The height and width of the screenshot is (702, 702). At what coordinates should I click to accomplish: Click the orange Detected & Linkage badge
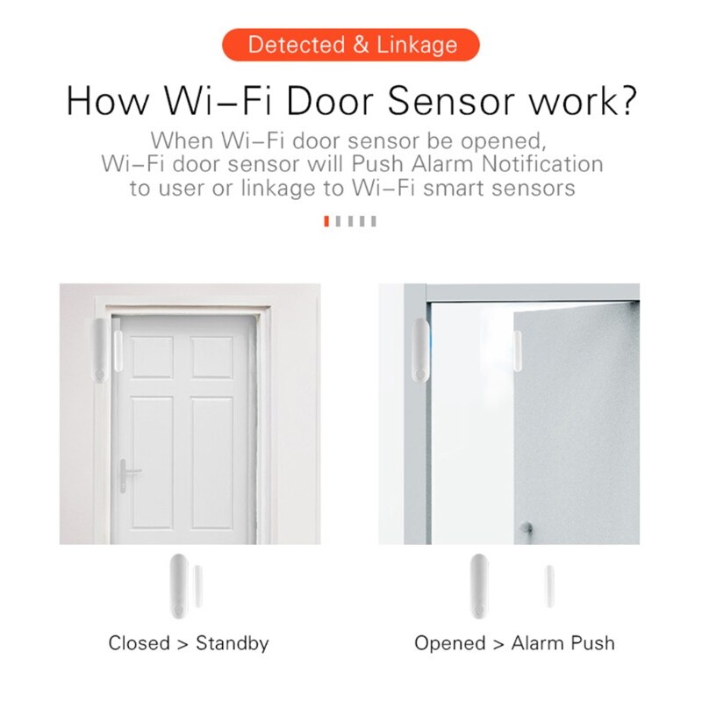click(x=351, y=45)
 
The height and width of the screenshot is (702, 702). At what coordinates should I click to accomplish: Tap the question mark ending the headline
click(x=623, y=101)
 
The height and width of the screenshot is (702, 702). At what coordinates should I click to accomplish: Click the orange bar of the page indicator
click(x=326, y=221)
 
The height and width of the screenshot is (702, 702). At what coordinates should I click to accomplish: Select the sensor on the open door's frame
click(x=419, y=349)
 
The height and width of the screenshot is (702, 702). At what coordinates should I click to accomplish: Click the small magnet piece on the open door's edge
click(x=518, y=349)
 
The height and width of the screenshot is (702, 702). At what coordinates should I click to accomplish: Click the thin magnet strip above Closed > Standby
click(x=199, y=586)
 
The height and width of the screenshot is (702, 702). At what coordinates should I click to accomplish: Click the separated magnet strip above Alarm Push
click(x=549, y=588)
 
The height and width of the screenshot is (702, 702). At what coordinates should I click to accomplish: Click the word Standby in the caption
click(x=232, y=643)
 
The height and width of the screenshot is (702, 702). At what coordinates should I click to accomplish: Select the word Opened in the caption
click(x=450, y=643)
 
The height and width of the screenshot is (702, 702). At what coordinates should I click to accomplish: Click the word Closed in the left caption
click(x=139, y=643)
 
